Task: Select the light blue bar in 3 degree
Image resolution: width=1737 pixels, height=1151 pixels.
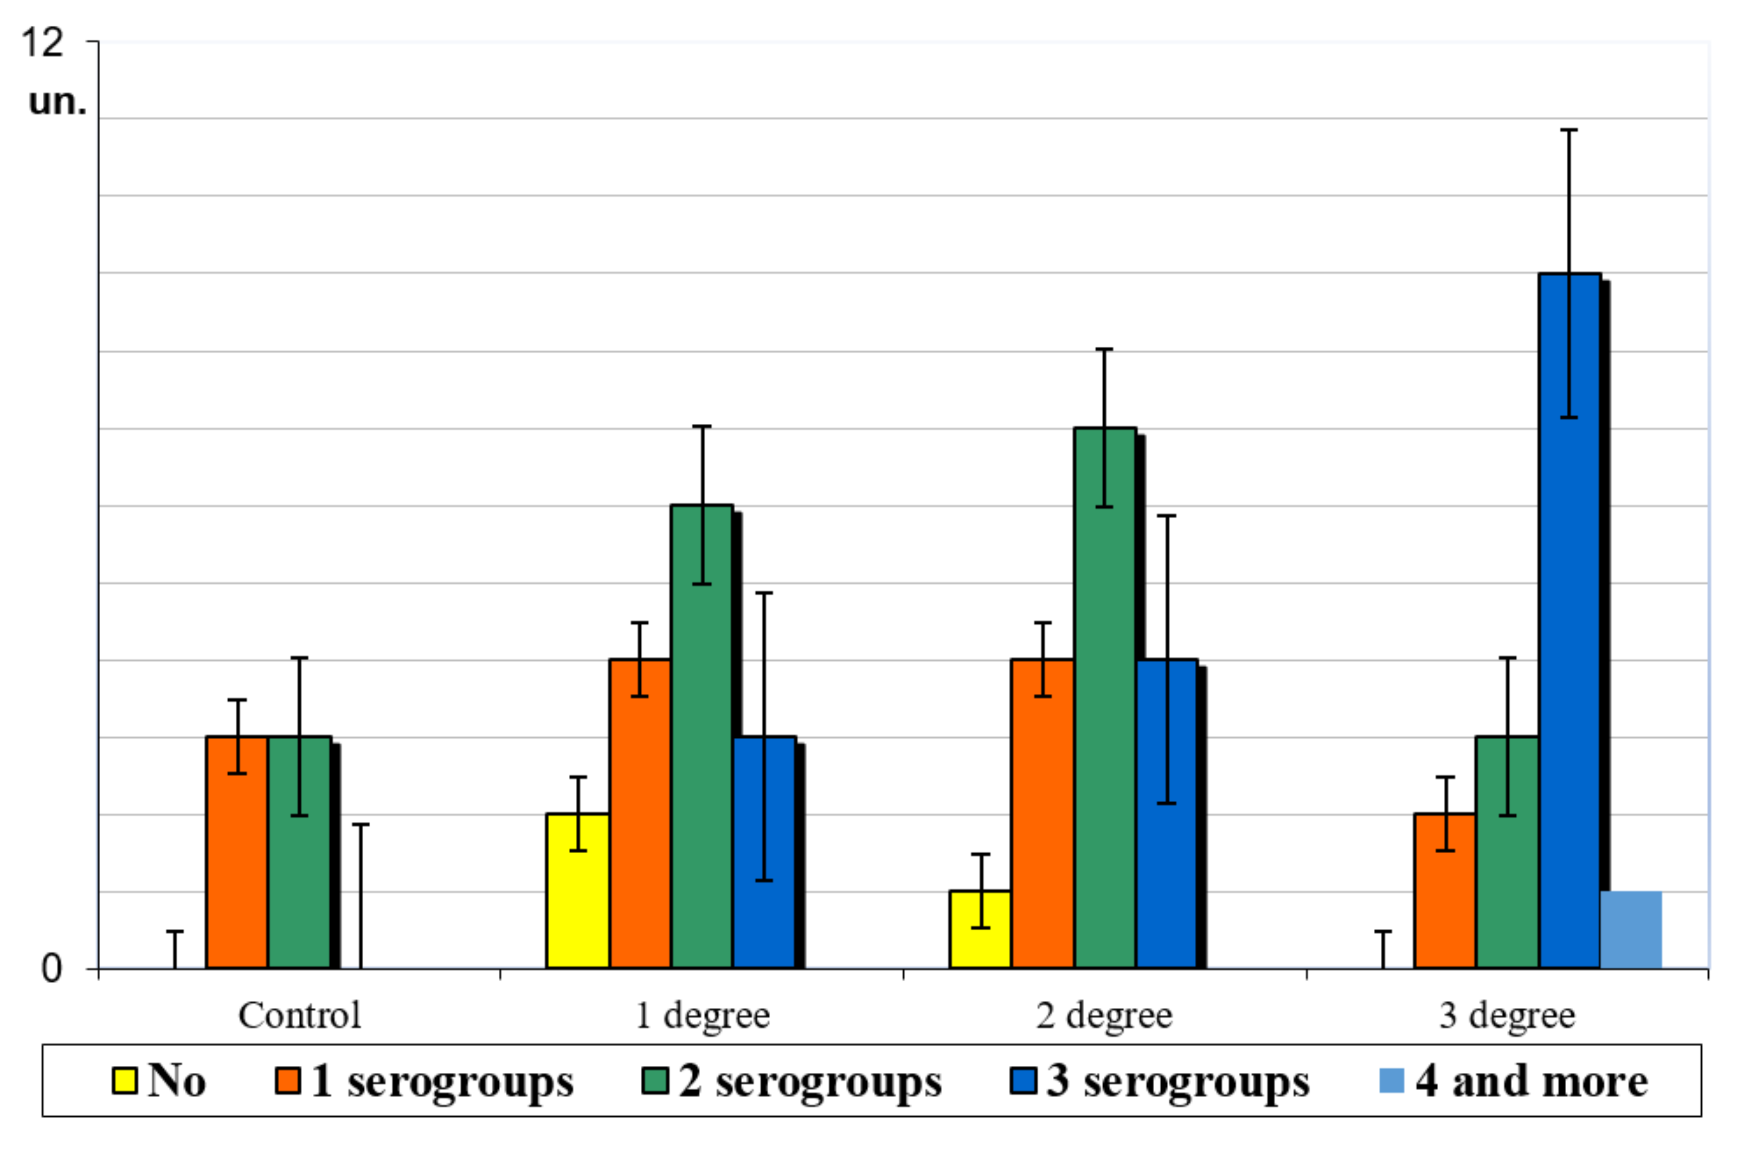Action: pyautogui.click(x=1631, y=930)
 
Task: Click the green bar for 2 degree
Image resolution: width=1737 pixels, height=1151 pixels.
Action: pyautogui.click(x=1104, y=697)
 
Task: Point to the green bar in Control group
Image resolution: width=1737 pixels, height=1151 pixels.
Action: pyautogui.click(x=299, y=852)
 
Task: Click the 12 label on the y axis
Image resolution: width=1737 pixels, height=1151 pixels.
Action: pyautogui.click(x=42, y=42)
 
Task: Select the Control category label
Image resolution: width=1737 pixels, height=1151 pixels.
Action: pyautogui.click(x=299, y=1016)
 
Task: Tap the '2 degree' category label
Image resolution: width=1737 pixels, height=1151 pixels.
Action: pyautogui.click(x=1104, y=1016)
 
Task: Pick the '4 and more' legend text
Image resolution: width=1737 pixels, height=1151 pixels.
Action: pyautogui.click(x=1531, y=1080)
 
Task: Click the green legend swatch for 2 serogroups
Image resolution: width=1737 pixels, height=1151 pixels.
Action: pyautogui.click(x=654, y=1080)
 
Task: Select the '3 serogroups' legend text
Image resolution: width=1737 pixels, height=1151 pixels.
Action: pyautogui.click(x=1178, y=1080)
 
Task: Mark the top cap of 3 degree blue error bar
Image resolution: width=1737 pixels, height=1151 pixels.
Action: pyautogui.click(x=1569, y=130)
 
